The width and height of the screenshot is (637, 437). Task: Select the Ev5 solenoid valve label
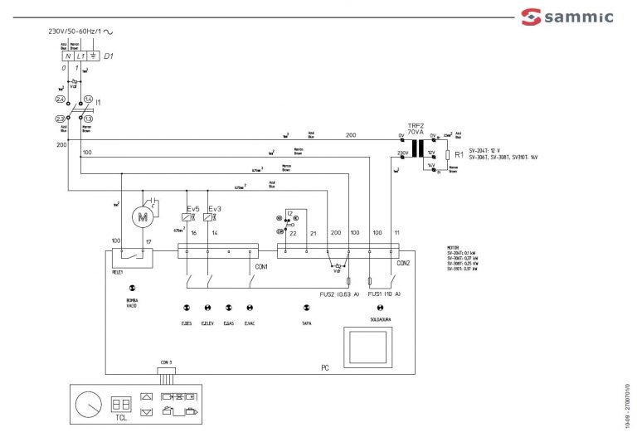(x=192, y=207)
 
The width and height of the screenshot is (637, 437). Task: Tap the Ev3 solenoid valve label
(x=214, y=207)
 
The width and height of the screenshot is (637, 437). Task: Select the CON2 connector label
(x=403, y=265)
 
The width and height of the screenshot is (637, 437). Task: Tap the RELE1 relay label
(x=118, y=269)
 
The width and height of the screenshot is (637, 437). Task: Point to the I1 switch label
(x=99, y=101)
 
